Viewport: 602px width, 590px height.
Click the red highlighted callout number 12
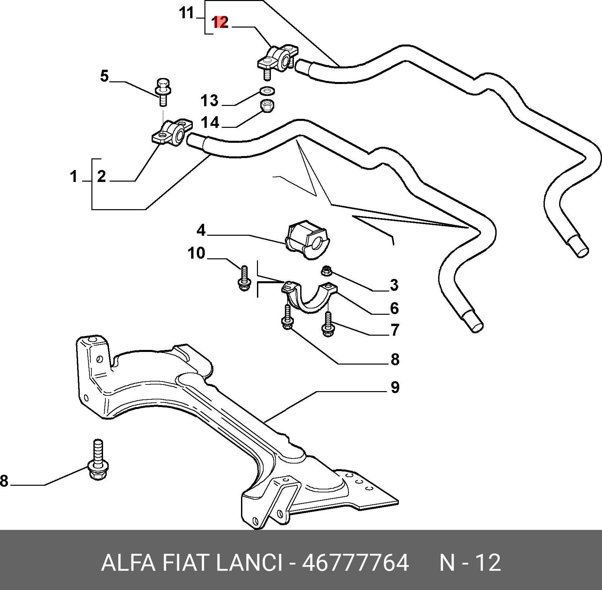click(220, 23)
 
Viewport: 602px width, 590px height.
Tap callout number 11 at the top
click(186, 13)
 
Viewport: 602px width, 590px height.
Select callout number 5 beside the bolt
click(104, 76)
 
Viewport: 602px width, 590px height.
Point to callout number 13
click(209, 100)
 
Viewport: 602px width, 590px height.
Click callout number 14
click(210, 123)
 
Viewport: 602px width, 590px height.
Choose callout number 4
click(201, 230)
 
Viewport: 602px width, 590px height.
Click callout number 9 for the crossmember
click(395, 387)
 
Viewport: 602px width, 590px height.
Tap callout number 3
click(394, 285)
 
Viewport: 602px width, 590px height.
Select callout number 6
click(394, 308)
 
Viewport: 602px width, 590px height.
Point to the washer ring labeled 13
click(267, 90)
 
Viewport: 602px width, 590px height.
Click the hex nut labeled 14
click(267, 106)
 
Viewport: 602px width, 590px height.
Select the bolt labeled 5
click(162, 92)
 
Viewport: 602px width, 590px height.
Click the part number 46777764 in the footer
click(355, 563)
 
